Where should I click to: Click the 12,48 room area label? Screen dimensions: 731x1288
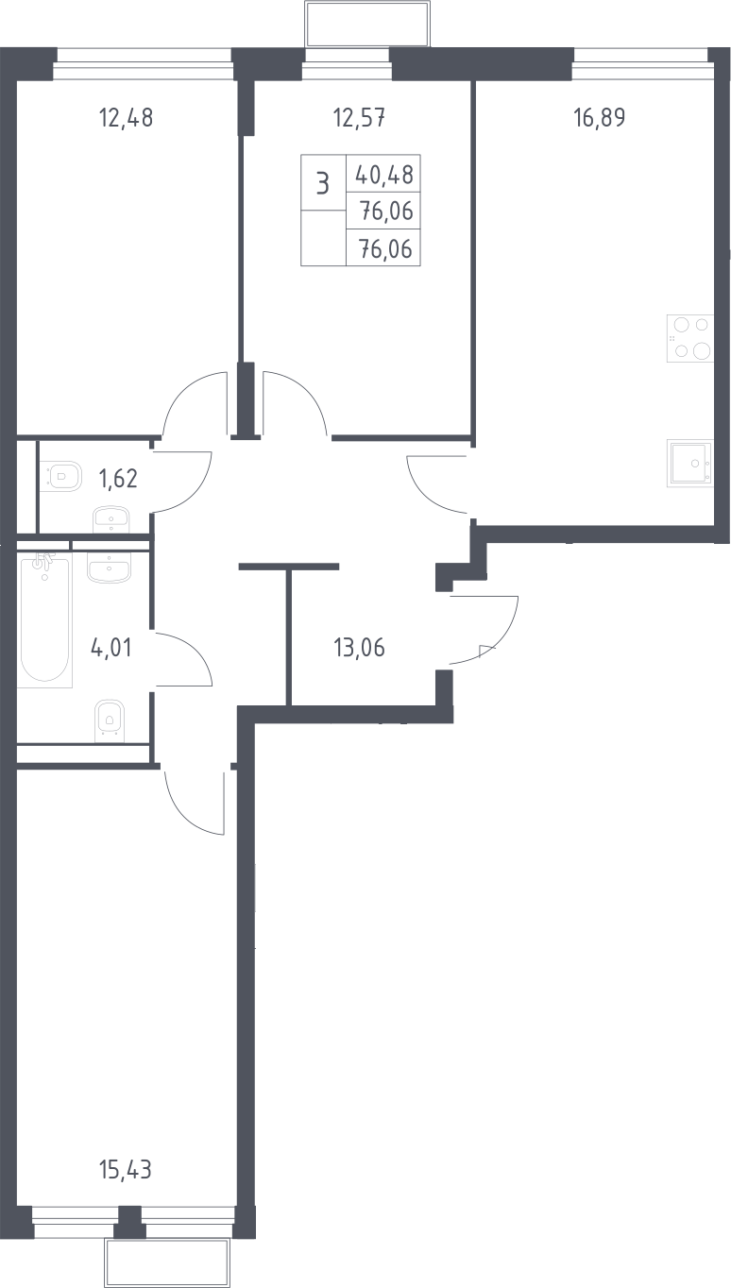point(126,118)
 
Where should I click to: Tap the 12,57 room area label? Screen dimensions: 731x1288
point(359,118)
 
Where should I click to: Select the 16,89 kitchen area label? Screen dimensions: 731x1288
point(600,117)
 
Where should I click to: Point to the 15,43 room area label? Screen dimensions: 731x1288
point(126,1170)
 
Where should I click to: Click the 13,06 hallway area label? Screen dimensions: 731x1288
point(359,648)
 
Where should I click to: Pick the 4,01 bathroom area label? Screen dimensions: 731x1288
point(111,648)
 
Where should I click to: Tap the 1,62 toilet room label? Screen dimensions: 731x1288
point(118,479)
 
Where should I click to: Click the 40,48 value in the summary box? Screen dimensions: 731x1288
point(384,175)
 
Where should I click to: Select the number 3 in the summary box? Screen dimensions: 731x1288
point(323,184)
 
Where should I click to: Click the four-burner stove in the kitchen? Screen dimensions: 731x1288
point(690,338)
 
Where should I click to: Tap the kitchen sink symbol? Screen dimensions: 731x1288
point(690,464)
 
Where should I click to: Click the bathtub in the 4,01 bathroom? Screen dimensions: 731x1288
point(44,619)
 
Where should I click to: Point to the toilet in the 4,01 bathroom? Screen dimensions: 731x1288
point(109,718)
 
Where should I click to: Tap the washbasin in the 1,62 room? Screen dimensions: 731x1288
point(111,519)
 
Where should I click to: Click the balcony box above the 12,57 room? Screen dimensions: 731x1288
point(367,25)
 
